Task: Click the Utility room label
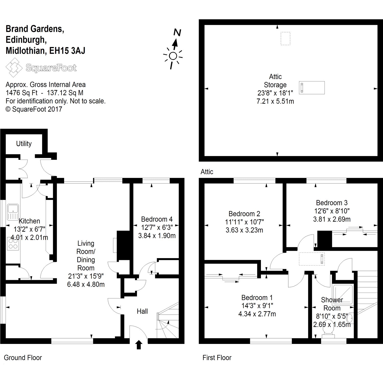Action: pos(24,144)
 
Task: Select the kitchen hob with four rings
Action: pos(13,244)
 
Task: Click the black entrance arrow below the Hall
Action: pos(139,344)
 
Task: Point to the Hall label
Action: pos(142,311)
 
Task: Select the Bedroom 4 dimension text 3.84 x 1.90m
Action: pos(157,235)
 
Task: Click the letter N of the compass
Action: pos(177,33)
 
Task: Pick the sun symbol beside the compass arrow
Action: pos(173,56)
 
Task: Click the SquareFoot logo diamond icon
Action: pos(14,67)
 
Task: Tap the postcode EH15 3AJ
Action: pos(67,51)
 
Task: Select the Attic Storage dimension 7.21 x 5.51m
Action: pos(275,101)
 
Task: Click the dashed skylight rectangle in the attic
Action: pos(285,39)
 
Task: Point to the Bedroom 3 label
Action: pos(332,203)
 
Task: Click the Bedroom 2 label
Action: pos(244,214)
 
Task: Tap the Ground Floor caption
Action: pos(23,358)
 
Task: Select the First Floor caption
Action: pos(217,358)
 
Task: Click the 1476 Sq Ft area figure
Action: pos(21,93)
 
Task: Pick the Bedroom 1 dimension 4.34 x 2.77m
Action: pos(257,314)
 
